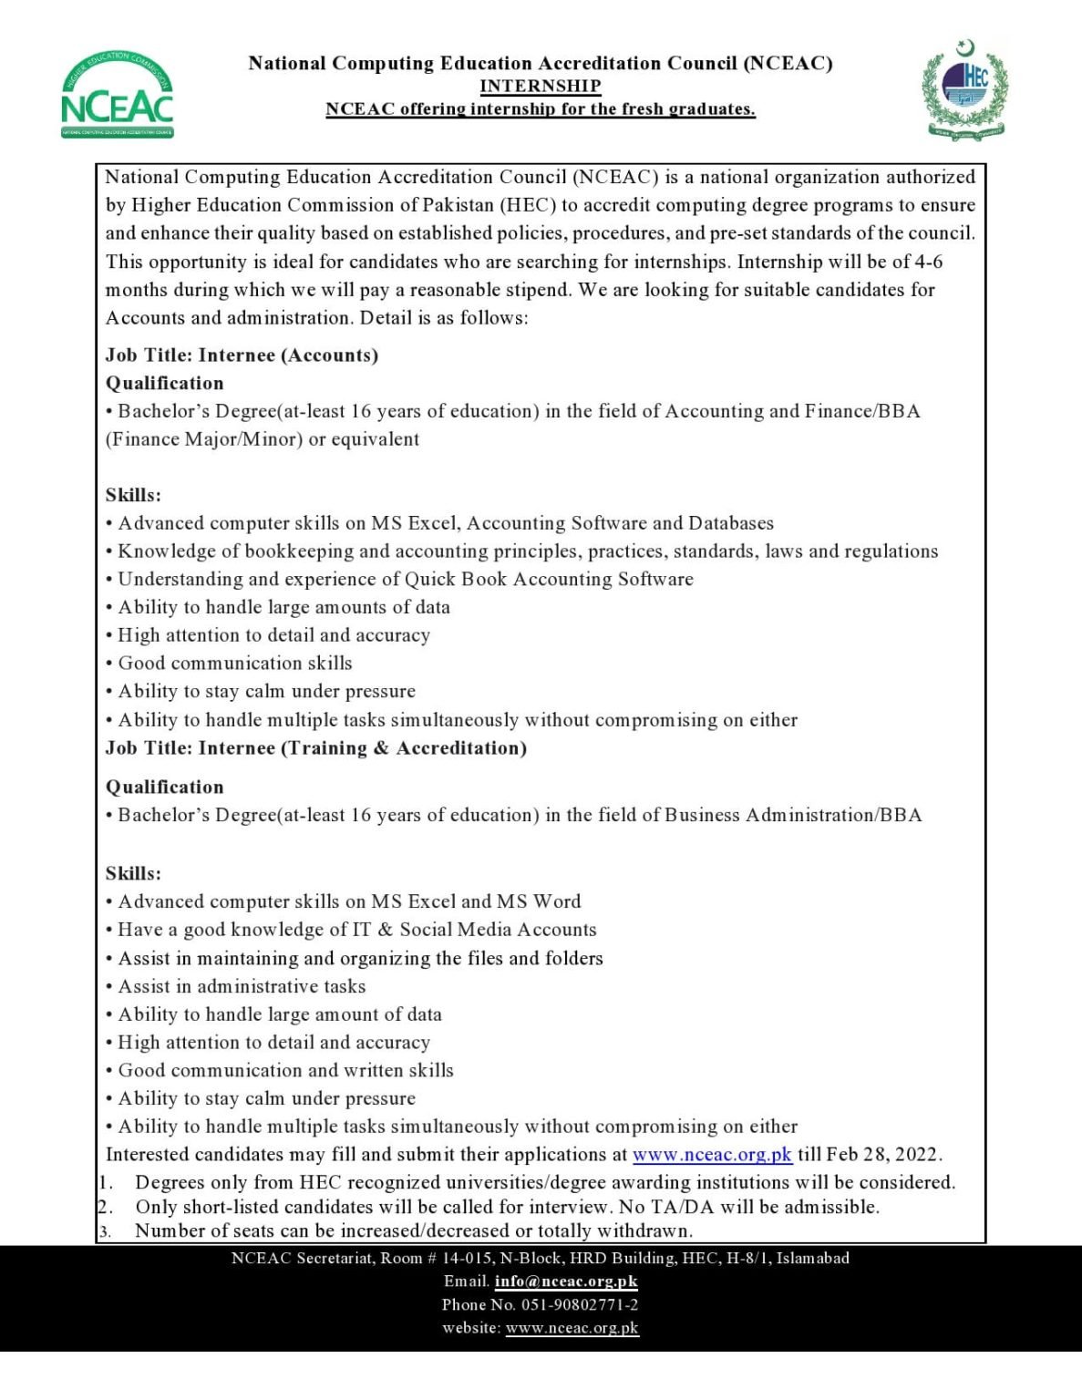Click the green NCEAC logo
coord(118,97)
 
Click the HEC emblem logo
coord(964,90)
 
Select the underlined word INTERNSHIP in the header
coord(541,86)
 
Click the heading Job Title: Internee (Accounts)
coord(242,355)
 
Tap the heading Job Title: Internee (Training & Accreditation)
coord(316,747)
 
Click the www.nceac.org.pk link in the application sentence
coord(712,1154)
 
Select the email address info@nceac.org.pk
coord(566,1281)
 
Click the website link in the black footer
coord(572,1328)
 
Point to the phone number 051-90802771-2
coord(579,1304)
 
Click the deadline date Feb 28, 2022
coord(881,1154)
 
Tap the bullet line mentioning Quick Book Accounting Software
coord(405,579)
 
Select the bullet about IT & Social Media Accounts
coord(356,929)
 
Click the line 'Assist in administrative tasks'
coord(241,985)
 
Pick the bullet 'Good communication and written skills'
coord(284,1070)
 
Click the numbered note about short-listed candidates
coord(506,1207)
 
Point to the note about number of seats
coord(413,1230)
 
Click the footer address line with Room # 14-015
coord(541,1258)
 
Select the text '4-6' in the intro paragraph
coord(928,262)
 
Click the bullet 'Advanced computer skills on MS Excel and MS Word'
coord(348,901)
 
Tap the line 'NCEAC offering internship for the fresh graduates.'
coord(541,108)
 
